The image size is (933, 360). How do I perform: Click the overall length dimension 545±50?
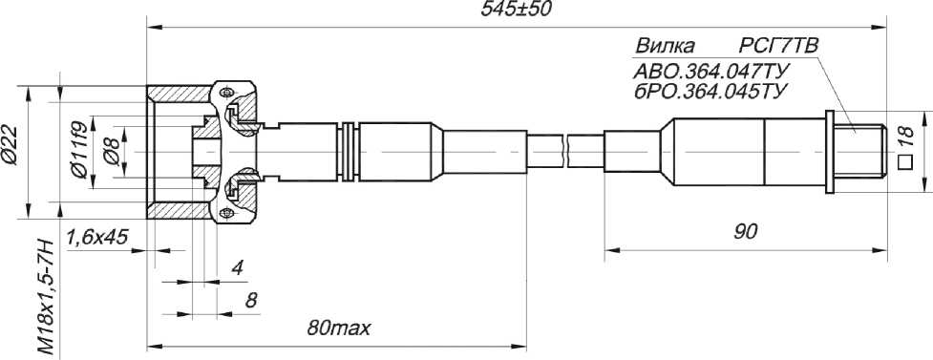(517, 11)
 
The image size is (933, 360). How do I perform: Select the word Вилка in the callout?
(665, 47)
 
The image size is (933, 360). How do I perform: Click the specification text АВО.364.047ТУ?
(711, 72)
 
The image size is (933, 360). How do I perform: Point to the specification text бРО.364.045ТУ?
(711, 93)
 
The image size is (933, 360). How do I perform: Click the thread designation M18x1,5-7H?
(47, 298)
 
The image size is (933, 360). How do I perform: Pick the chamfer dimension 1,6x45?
(97, 238)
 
